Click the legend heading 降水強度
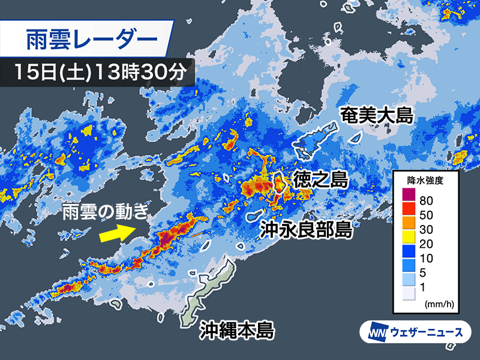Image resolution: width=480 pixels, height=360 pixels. (424, 179)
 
